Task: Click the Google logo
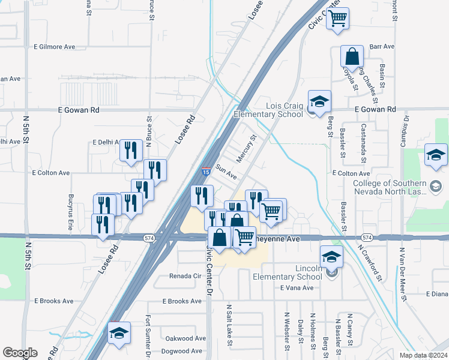20,353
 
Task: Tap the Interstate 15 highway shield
205,172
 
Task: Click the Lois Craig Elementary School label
268,110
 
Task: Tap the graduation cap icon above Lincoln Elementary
331,257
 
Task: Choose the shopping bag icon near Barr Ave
352,56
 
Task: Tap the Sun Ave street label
227,173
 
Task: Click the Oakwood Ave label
184,338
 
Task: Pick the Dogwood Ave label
184,351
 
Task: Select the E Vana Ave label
297,288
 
